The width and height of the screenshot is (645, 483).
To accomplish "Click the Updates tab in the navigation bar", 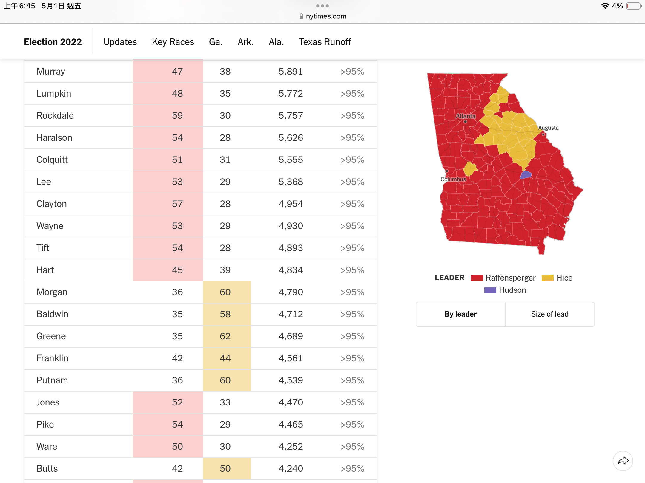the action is click(120, 42).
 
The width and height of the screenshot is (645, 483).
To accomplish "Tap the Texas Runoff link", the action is click(325, 42).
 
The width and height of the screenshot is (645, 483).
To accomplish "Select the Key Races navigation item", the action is click(173, 42).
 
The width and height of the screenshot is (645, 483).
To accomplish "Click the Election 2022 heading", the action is click(53, 42).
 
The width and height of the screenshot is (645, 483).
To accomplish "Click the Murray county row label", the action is click(51, 72).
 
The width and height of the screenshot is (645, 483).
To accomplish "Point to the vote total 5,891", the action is click(291, 72).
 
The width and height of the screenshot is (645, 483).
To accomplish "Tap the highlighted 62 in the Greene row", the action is click(225, 336).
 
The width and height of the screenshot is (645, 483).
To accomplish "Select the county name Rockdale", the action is click(55, 116).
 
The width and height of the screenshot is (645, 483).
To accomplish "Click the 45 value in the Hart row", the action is click(177, 270).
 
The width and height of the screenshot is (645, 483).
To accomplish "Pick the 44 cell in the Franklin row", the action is click(225, 358).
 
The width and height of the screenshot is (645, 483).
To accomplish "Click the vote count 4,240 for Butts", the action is click(291, 469).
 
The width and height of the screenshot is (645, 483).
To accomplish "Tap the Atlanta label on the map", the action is click(466, 116).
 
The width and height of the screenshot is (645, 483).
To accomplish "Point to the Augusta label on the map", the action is click(548, 128).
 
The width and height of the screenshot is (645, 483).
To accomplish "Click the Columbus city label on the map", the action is click(453, 179).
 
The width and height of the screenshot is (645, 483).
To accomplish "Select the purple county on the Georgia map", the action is click(526, 175).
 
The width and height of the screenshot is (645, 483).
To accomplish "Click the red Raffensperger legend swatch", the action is click(477, 278).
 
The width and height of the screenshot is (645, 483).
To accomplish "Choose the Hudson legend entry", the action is click(505, 290).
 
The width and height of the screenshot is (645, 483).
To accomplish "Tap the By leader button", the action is click(461, 314).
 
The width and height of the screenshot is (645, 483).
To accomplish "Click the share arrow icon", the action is click(623, 461).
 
